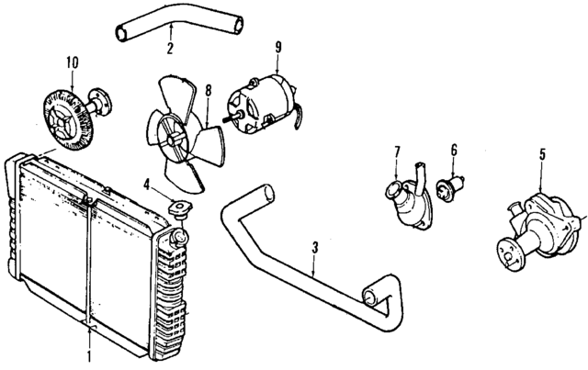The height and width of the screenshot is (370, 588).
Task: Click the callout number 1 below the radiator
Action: tap(89, 354)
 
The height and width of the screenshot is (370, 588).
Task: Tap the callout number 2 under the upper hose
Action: tap(170, 50)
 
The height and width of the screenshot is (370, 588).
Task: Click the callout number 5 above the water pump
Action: tap(542, 154)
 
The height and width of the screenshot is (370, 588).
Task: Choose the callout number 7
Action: tap(397, 151)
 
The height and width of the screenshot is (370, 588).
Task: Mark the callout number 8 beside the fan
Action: tap(209, 91)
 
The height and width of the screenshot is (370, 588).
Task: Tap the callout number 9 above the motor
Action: tap(277, 46)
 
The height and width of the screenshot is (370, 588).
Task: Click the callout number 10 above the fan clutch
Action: tap(72, 62)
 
